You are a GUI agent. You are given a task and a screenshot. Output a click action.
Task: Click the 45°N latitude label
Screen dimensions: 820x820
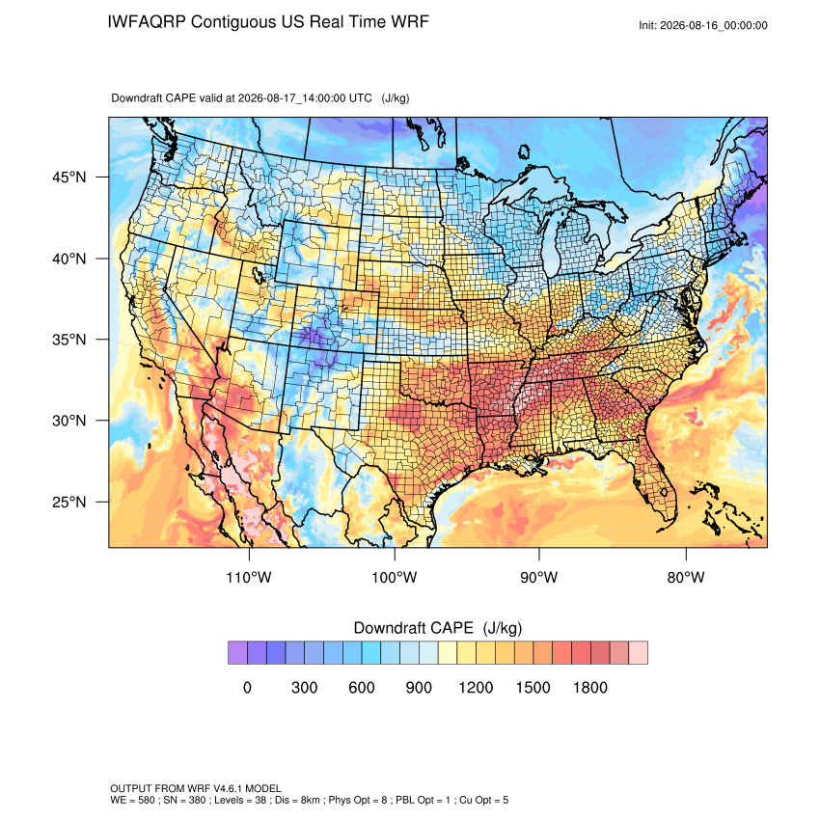coord(68,178)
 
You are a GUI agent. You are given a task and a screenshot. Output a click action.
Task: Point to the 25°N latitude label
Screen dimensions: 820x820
coord(68,502)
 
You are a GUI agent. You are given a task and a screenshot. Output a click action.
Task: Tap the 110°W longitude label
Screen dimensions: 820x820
coord(249,577)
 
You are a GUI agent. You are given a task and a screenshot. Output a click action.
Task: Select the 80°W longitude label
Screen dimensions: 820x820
coord(686,577)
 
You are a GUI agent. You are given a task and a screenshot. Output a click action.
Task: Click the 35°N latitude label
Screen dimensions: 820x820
coord(68,340)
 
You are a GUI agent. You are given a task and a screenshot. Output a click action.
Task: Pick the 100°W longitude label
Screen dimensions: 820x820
coord(395,577)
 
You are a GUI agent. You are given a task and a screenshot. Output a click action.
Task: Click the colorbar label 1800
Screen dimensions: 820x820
coord(589,687)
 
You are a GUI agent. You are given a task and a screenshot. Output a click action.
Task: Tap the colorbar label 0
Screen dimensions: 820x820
coord(247,687)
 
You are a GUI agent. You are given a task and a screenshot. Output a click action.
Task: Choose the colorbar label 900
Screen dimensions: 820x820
coord(419,687)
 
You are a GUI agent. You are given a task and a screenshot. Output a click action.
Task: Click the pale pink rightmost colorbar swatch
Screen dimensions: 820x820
coord(638,653)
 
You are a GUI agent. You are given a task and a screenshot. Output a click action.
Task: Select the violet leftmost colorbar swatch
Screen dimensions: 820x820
coord(237,653)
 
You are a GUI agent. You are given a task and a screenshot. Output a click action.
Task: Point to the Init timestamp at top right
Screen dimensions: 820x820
coord(703,25)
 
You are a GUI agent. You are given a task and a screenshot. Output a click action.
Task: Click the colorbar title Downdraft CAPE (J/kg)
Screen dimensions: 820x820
coord(438,628)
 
